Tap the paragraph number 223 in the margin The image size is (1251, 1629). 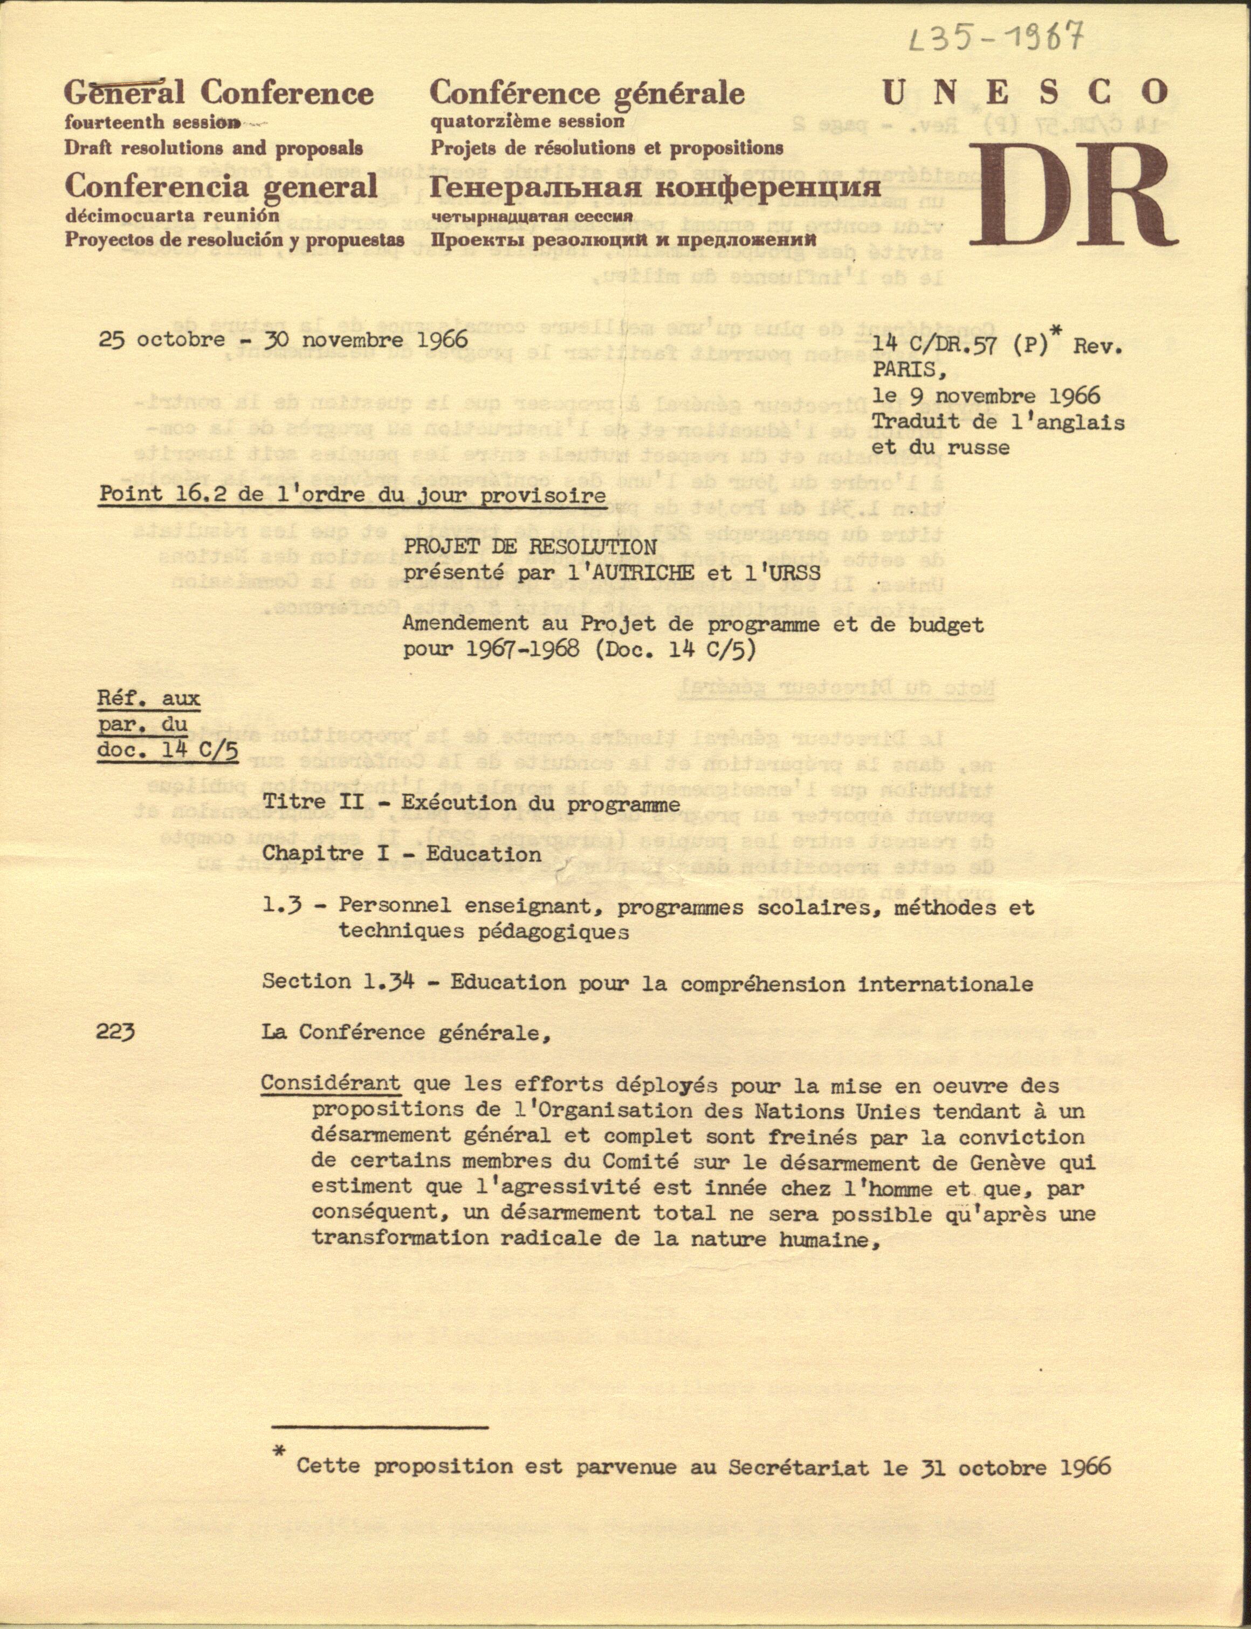[115, 1032]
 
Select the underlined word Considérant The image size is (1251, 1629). [331, 1084]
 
